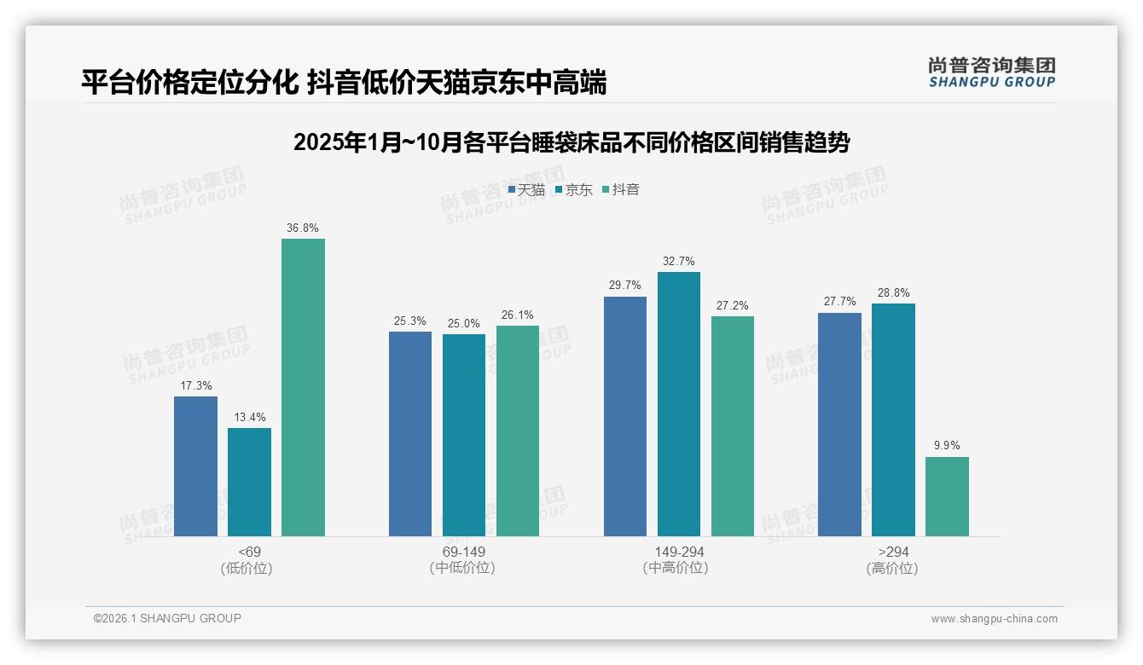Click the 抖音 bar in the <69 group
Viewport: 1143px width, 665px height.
point(303,387)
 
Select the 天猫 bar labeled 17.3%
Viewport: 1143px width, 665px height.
point(195,466)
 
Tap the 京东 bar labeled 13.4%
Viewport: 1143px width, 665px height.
point(249,482)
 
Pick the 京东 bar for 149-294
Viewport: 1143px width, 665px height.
point(679,404)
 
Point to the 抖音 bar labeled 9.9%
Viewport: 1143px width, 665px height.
point(947,496)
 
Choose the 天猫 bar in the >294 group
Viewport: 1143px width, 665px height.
point(839,425)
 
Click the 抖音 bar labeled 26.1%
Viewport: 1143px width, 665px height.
point(518,431)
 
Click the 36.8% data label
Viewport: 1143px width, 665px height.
point(303,228)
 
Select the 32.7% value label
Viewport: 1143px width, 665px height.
point(679,261)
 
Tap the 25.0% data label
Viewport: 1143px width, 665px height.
point(464,323)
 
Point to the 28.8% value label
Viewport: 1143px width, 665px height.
point(893,292)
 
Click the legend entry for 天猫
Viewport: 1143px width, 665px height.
point(526,190)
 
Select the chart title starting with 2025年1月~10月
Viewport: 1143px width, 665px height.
point(571,142)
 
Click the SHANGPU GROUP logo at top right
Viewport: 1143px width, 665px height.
point(991,72)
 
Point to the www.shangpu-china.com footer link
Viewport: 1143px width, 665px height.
point(994,619)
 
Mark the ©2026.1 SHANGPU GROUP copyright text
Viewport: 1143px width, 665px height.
point(167,618)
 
